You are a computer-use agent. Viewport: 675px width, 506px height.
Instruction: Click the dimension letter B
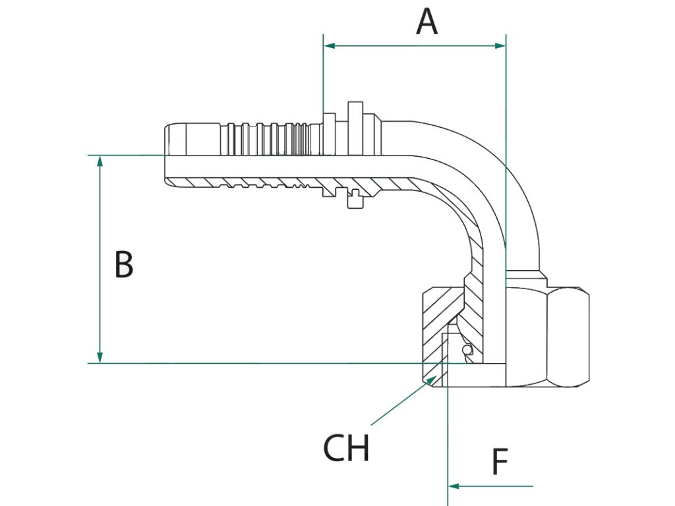point(124,264)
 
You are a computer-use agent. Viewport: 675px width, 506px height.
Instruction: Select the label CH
point(346,448)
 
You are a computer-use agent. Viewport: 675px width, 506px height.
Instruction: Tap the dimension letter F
point(500,461)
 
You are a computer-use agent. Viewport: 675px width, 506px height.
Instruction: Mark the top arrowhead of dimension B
point(100,161)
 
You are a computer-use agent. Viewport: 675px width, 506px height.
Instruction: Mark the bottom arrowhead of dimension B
point(100,357)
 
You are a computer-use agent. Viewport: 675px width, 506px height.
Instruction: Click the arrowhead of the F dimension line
point(454,486)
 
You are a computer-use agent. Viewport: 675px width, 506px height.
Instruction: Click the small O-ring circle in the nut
point(467,351)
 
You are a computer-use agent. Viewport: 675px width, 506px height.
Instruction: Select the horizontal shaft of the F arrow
point(490,486)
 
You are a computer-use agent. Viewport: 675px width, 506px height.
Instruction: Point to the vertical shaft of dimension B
point(100,259)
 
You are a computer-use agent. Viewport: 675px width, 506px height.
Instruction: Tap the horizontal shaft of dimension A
point(415,45)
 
